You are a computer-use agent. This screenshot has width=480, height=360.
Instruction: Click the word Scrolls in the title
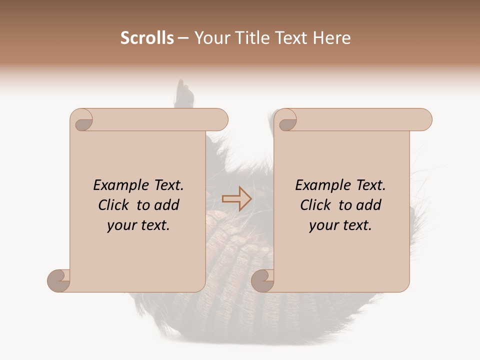[x=147, y=38]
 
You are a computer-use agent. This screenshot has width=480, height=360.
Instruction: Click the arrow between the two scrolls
[x=236, y=199]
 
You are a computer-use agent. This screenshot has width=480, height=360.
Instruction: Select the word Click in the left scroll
[x=114, y=205]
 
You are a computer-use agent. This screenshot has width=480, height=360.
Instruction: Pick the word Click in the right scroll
[x=316, y=205]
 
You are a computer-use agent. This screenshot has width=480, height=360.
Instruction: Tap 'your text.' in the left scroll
[x=138, y=225]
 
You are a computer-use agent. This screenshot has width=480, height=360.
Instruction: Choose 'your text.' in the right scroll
[x=340, y=225]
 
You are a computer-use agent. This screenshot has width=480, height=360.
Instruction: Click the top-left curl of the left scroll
[x=82, y=120]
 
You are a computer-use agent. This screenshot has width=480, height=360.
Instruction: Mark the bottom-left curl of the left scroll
[x=59, y=280]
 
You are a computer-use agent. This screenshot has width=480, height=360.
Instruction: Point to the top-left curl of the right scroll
[x=287, y=120]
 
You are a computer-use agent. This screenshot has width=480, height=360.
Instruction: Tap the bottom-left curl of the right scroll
[x=262, y=280]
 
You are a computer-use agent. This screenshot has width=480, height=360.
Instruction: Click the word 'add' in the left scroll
[x=167, y=205]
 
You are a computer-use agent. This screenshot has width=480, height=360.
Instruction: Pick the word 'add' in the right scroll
[x=369, y=205]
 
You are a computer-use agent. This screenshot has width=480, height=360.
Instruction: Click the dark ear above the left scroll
[x=183, y=94]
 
